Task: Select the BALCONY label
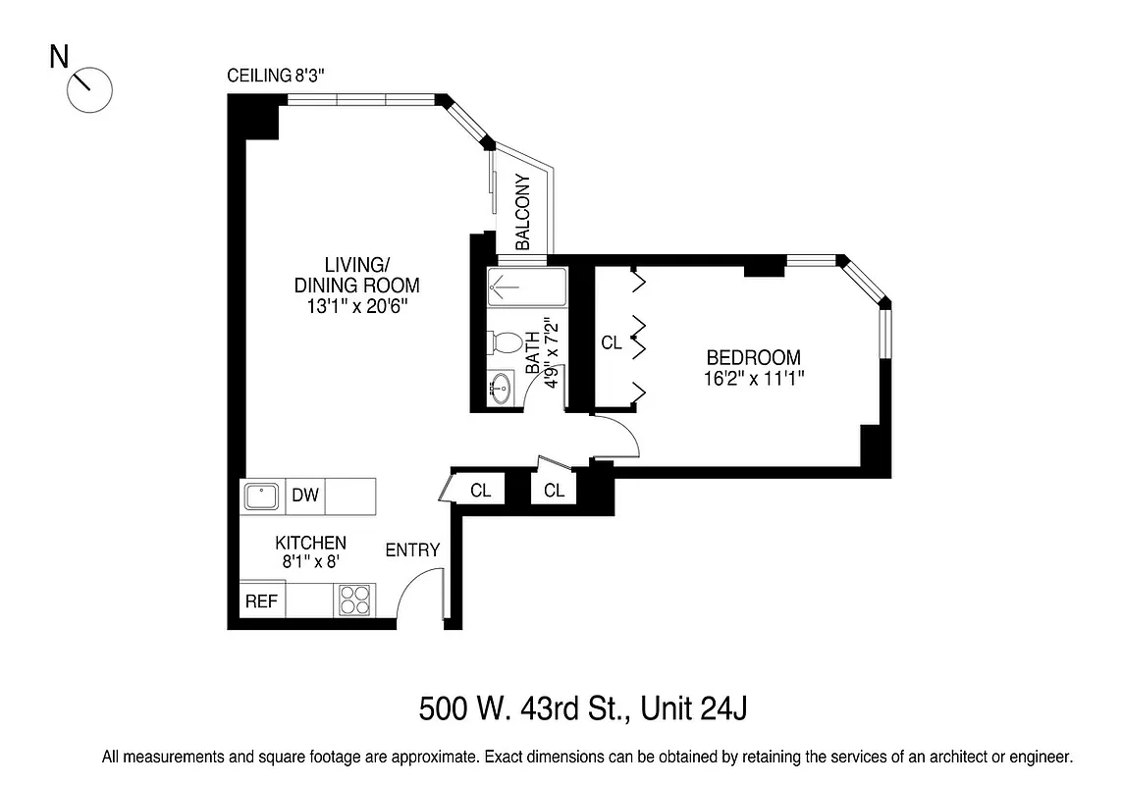[x=522, y=212]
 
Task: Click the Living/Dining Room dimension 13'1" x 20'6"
[x=356, y=306]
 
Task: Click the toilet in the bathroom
[x=505, y=343]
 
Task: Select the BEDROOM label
[x=753, y=357]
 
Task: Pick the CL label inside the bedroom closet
[x=612, y=342]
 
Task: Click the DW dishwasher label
[x=304, y=495]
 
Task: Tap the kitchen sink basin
[x=261, y=496]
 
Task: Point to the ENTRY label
[x=412, y=549]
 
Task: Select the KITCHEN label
[x=309, y=543]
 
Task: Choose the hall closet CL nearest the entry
[x=480, y=490]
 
